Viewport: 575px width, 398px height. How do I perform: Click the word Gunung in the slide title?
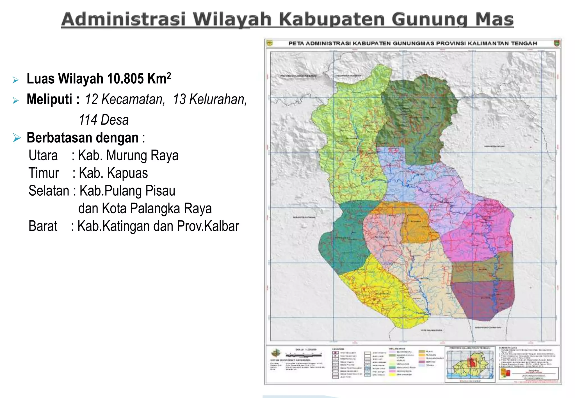429,20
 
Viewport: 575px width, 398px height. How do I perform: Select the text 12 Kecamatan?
125,99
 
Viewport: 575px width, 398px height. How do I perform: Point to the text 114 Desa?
104,120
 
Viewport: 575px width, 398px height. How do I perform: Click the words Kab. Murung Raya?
128,155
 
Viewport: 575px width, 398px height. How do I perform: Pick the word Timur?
44,173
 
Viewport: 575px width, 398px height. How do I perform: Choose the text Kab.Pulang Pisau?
127,191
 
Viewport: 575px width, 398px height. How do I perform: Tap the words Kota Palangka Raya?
157,209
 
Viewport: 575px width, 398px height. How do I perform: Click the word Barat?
43,226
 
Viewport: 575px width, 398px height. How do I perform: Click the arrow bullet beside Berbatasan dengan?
17,138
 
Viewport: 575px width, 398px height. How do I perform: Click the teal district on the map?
345,241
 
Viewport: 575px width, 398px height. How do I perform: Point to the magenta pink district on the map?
477,233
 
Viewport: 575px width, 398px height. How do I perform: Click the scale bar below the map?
303,355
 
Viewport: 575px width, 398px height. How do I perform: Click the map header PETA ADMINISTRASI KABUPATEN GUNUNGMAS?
412,44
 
